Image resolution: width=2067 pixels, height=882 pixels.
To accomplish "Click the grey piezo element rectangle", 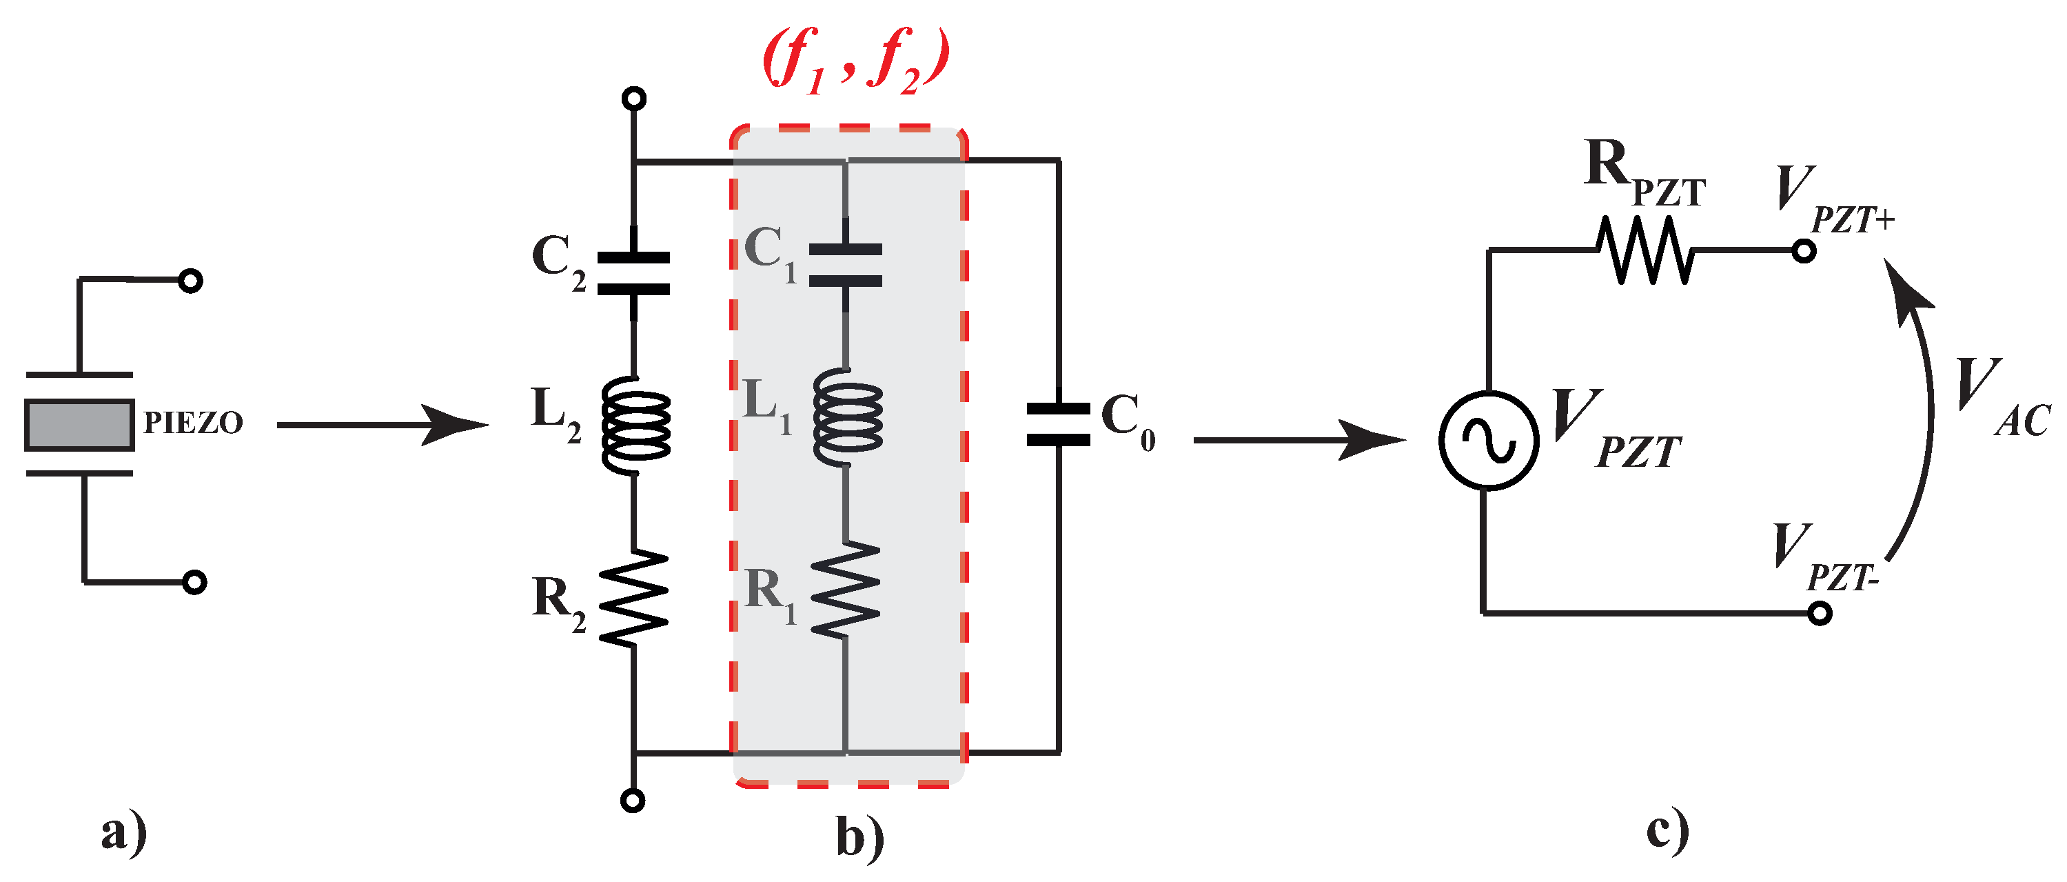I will (79, 423).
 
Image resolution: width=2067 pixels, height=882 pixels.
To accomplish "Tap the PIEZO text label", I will (192, 423).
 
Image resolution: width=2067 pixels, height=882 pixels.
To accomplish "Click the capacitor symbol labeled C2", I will (634, 274).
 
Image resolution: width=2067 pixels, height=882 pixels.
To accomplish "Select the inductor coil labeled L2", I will (635, 425).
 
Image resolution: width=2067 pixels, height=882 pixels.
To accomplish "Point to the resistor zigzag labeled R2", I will (634, 597).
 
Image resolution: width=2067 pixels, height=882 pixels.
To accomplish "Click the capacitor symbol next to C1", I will (845, 265).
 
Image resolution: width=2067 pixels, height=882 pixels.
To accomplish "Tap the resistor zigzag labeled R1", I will (846, 589).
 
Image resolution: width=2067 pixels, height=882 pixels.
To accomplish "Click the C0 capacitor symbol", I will (1059, 425).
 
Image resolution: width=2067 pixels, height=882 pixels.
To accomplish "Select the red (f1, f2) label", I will (855, 60).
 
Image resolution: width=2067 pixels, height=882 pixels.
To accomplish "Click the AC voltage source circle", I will (1489, 440).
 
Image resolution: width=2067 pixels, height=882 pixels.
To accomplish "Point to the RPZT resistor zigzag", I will (1645, 250).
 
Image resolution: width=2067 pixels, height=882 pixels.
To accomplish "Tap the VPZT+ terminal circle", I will (1804, 251).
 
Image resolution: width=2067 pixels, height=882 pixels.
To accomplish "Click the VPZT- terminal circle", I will (1820, 614).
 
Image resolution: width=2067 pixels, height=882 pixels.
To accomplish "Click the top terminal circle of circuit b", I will (634, 99).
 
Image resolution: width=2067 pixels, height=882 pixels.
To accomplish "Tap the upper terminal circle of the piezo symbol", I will (190, 281).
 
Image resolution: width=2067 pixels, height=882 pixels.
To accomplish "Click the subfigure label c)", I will (1667, 831).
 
